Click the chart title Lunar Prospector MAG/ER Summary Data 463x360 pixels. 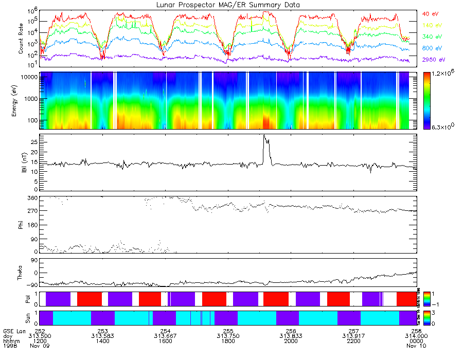(228, 5)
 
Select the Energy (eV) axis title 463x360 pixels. (21, 101)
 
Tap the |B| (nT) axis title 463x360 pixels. (21, 163)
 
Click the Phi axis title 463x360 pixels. (21, 224)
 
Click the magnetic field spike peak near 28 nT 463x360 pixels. (264, 136)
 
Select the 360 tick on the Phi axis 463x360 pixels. (32, 198)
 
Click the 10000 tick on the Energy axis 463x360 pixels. (30, 77)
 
